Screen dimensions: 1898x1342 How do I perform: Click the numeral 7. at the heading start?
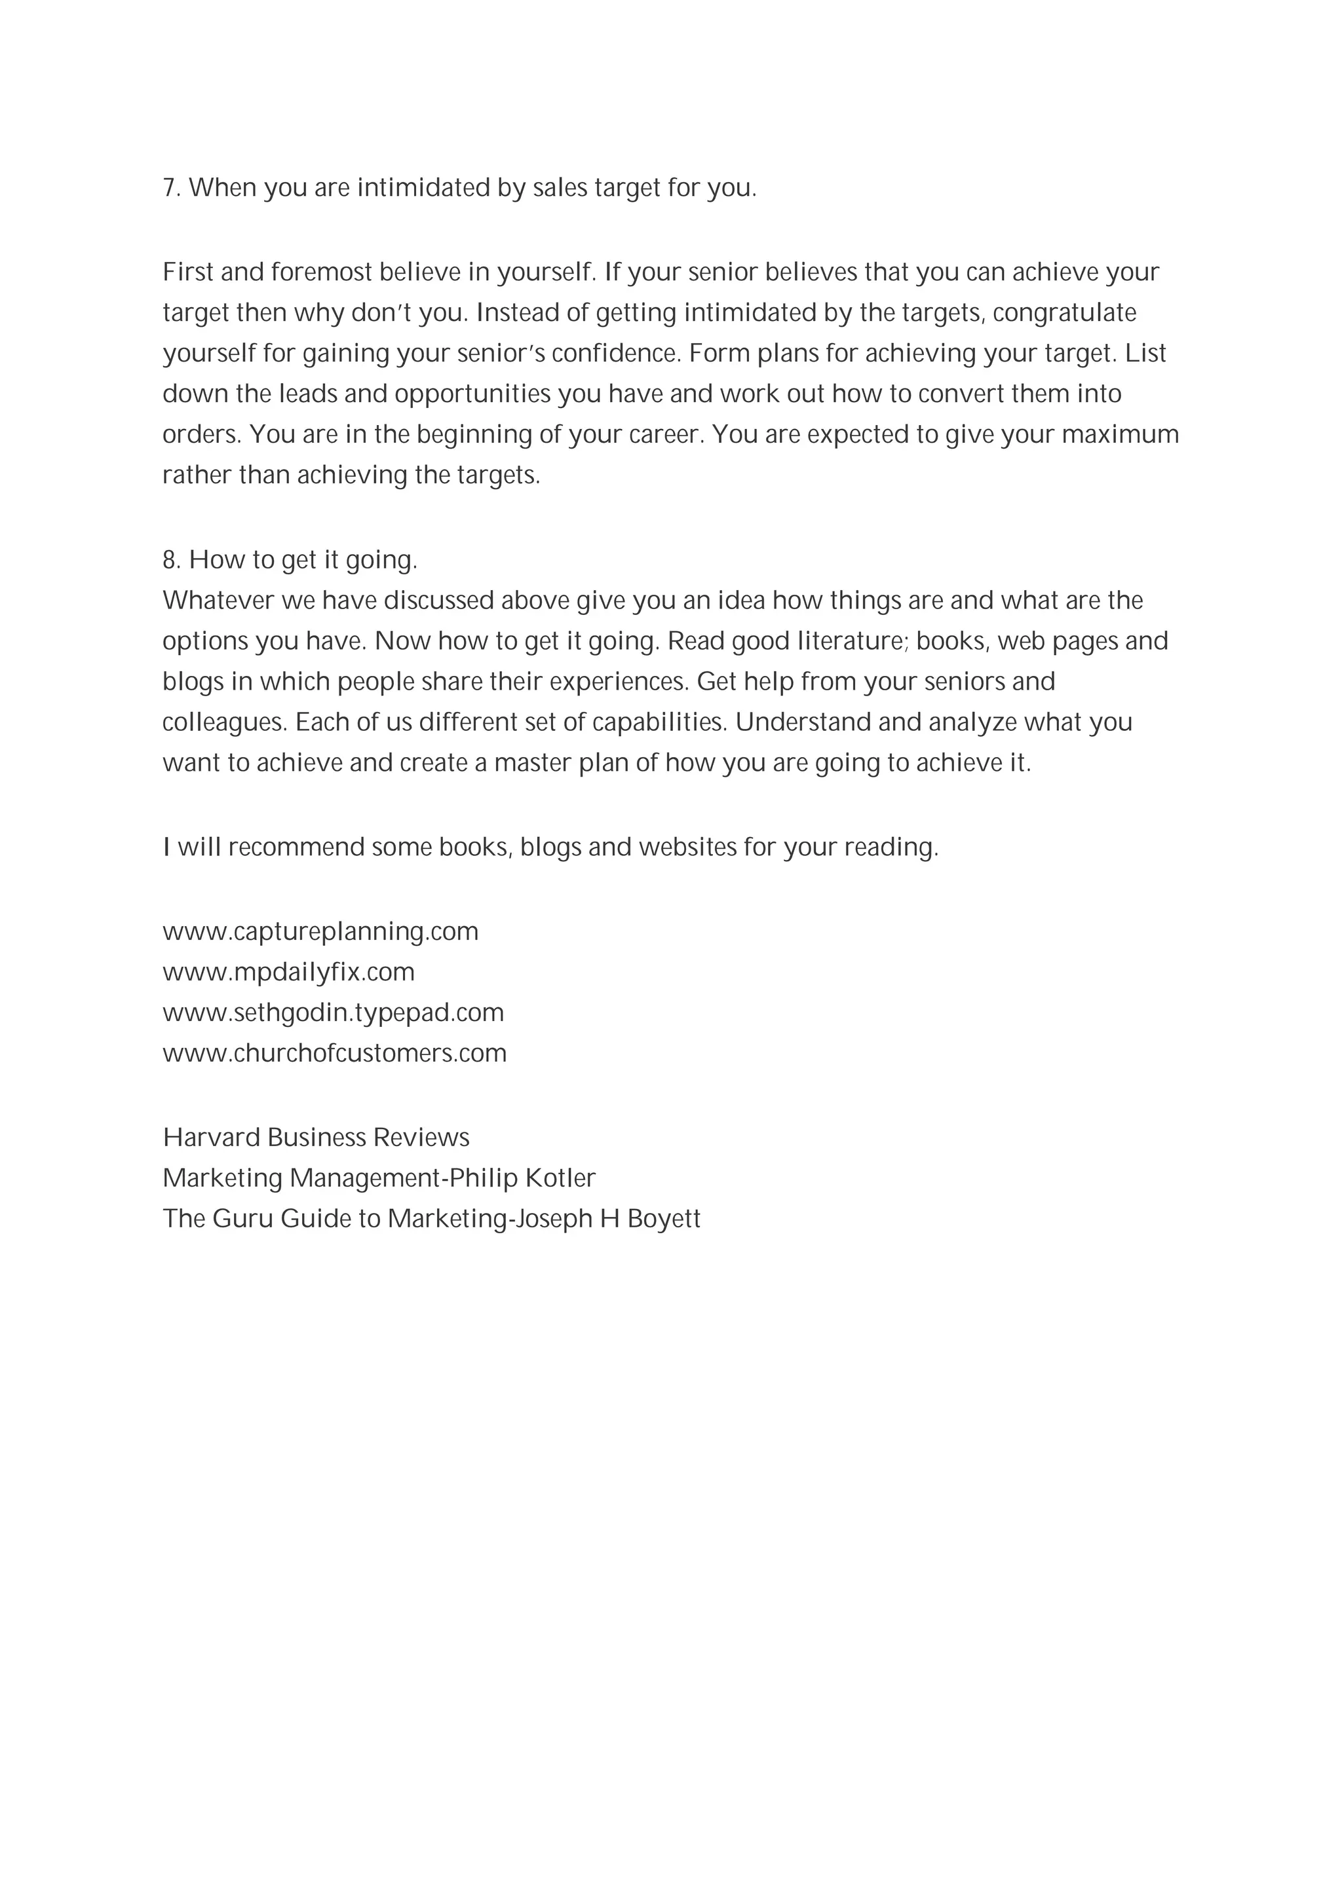pos(170,189)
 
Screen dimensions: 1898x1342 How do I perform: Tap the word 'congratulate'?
pos(1064,312)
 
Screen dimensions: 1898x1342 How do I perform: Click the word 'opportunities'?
pos(472,394)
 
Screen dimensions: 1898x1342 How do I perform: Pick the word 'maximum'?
pos(1120,434)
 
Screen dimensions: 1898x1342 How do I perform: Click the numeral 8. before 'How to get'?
pos(171,561)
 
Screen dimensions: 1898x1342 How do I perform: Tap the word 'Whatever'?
pos(218,601)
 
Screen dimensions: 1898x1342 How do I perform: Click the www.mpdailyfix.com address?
pos(288,972)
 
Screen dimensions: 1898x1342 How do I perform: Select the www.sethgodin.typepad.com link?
pos(334,1013)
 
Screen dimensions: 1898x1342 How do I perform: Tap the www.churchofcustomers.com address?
pos(335,1053)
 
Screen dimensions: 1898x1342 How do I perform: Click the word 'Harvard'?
pos(212,1138)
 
